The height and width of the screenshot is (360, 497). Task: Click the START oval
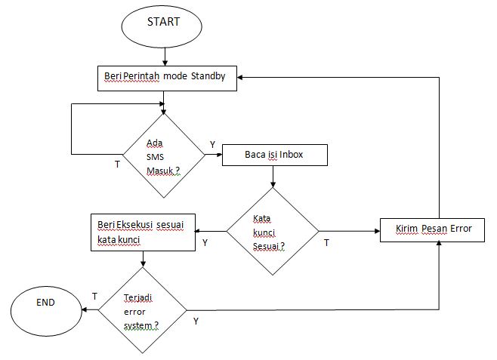coord(162,25)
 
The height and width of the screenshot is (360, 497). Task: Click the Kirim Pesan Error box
coord(431,229)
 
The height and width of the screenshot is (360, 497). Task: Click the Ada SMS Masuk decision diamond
coord(163,155)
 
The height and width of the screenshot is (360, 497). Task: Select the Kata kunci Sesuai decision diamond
coord(273,232)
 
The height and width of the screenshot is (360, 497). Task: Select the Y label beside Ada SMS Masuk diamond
coord(212,144)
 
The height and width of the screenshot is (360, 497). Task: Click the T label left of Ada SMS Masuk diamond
coord(116,164)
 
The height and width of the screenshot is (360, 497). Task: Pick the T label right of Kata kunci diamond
coord(326,243)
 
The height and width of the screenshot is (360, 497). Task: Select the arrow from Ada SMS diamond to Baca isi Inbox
coord(213,155)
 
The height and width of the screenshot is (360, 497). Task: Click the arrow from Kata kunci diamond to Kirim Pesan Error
coord(349,231)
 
